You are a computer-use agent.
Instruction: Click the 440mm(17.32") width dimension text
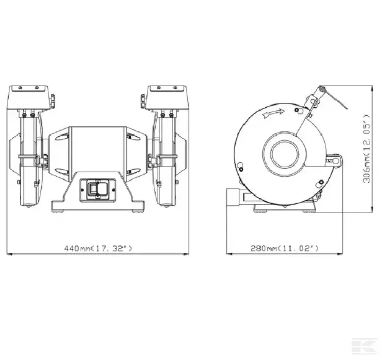click(98, 248)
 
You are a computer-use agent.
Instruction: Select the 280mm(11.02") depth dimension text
click(284, 248)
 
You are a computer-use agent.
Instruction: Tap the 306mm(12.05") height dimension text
click(366, 148)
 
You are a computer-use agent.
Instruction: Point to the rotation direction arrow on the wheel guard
click(273, 113)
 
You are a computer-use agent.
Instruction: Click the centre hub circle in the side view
click(284, 154)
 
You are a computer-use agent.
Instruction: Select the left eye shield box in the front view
click(27, 97)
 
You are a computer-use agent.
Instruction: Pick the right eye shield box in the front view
click(167, 97)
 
